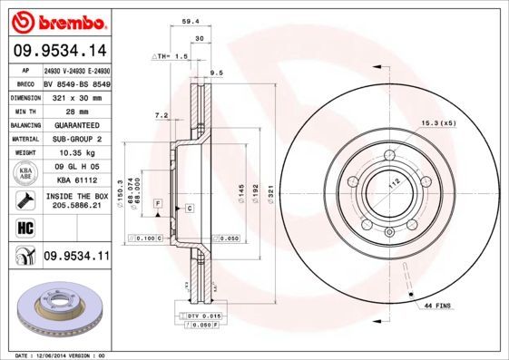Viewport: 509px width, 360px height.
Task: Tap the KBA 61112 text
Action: pyautogui.click(x=76, y=180)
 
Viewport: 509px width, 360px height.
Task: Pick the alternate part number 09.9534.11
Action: pyautogui.click(x=76, y=257)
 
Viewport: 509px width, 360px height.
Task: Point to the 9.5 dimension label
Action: pyautogui.click(x=217, y=72)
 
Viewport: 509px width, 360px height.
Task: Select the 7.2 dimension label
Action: pyautogui.click(x=162, y=115)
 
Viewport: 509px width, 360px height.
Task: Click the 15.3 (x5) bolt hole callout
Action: pyautogui.click(x=436, y=122)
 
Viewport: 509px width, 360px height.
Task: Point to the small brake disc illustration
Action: pyautogui.click(x=56, y=309)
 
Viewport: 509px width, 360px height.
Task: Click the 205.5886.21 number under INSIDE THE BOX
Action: pyautogui.click(x=76, y=206)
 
